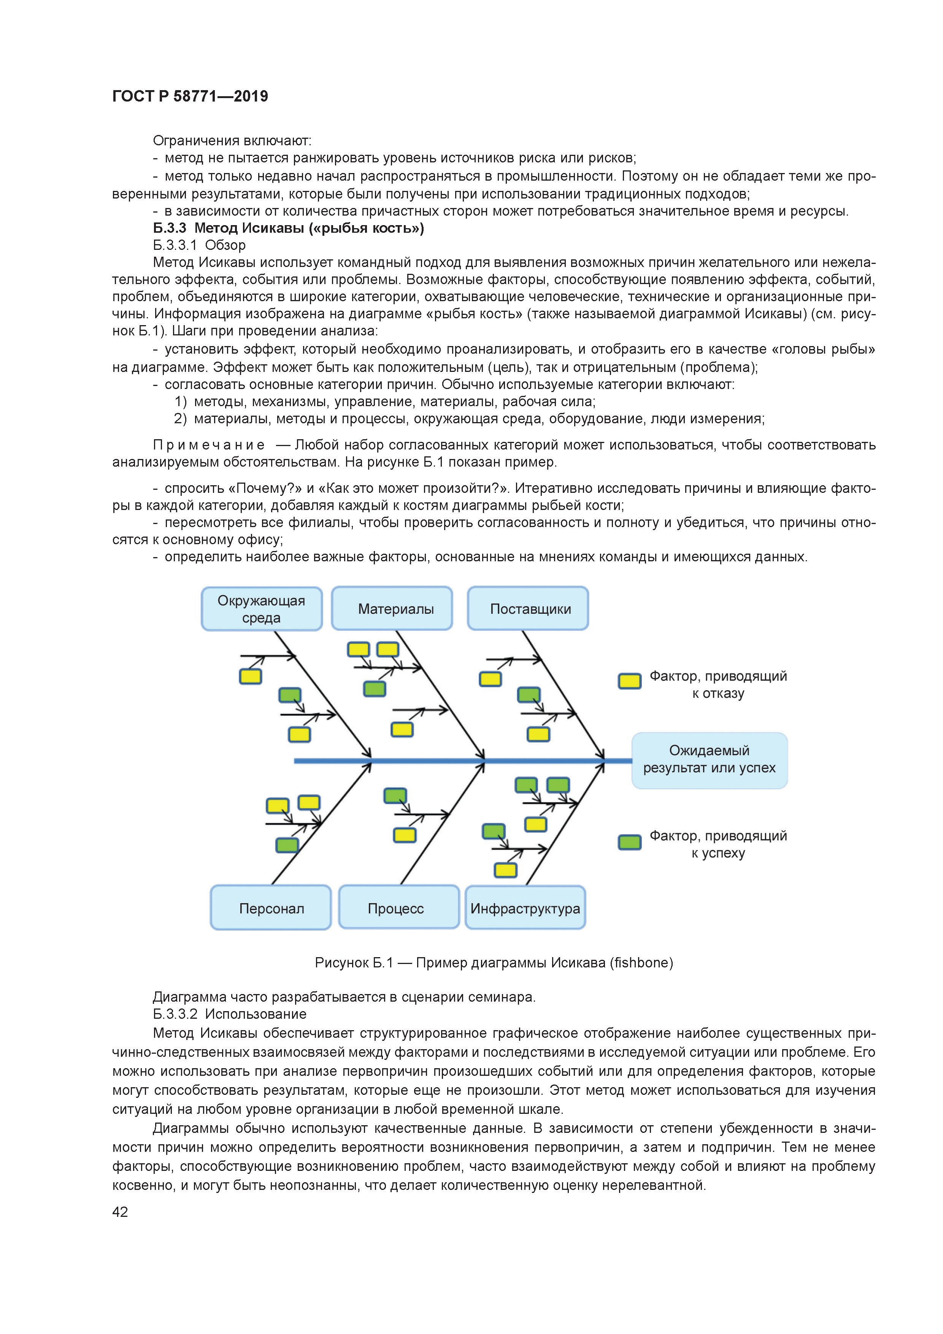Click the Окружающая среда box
tap(262, 609)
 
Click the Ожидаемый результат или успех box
tap(710, 759)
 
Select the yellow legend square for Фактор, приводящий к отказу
tap(629, 681)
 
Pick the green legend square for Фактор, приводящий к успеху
tap(629, 842)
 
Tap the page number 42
tap(120, 1212)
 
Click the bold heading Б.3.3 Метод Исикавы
tap(288, 228)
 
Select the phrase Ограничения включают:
tap(232, 141)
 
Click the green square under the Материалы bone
tap(375, 689)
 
